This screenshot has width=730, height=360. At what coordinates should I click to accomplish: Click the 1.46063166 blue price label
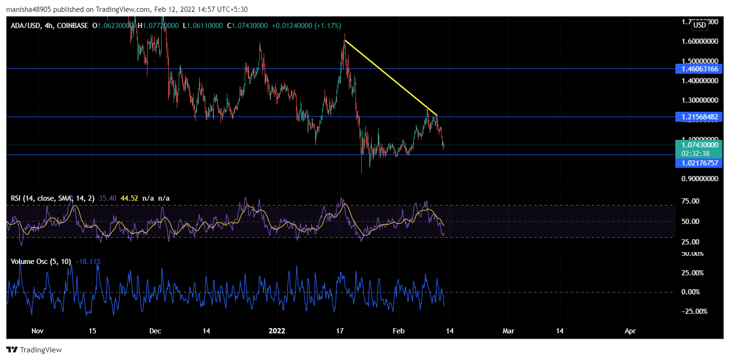point(699,69)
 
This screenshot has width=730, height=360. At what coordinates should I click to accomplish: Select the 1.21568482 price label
point(699,117)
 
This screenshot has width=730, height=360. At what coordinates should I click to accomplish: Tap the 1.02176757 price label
point(699,163)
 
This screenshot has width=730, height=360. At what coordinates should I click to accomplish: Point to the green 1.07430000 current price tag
point(699,145)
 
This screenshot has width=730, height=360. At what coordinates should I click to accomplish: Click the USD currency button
point(699,25)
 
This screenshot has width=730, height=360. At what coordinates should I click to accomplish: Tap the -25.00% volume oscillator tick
point(694,311)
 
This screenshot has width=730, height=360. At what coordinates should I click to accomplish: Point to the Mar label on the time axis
point(509,331)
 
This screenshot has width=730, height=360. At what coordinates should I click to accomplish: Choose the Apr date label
point(630,331)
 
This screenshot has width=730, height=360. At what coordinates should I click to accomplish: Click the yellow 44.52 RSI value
point(129,198)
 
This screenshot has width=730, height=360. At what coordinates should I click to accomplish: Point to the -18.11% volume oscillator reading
point(88,261)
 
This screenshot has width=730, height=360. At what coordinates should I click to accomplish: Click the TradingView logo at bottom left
point(34,350)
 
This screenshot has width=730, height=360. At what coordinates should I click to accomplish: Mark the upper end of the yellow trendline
point(345,40)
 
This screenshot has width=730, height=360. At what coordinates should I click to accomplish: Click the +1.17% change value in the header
point(327,25)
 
